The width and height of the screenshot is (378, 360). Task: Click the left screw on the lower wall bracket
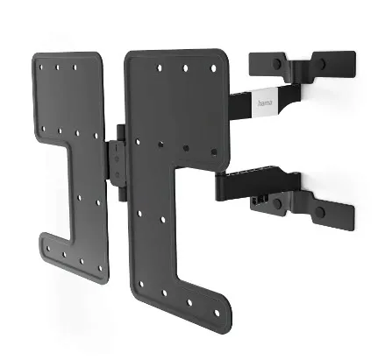pos(277,203)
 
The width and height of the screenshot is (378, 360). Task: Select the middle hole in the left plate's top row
pos(59,66)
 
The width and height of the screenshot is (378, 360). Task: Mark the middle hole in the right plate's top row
pos(186,67)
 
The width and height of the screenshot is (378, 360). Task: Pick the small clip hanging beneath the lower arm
pos(257,200)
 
